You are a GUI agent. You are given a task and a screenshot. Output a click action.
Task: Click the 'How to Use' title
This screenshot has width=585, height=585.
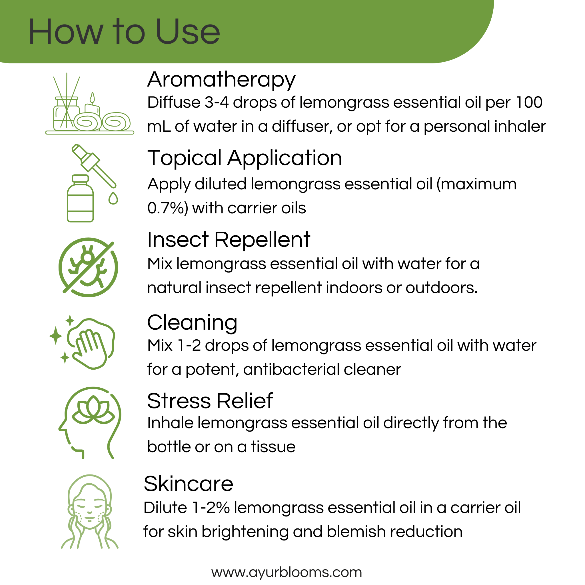[x=124, y=32]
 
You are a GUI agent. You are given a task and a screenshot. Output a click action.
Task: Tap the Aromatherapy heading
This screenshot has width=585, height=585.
[x=221, y=80]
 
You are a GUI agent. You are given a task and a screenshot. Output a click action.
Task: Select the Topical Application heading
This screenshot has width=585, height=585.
[x=245, y=158]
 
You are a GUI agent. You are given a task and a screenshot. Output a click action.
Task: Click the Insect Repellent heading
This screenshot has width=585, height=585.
[x=229, y=240]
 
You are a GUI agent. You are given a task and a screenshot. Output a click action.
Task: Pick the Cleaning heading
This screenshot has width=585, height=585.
[x=192, y=322]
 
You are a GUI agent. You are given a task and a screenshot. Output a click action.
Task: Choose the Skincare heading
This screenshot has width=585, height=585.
[x=188, y=484]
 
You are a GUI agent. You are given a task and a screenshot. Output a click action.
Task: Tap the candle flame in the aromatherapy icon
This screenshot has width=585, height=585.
[x=92, y=97]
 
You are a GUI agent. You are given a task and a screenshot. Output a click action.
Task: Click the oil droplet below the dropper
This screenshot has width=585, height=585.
[x=113, y=199]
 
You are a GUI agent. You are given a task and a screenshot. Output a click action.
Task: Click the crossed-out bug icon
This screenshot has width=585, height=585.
[x=88, y=267]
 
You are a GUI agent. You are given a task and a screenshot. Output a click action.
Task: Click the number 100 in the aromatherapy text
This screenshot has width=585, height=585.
[x=529, y=102]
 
